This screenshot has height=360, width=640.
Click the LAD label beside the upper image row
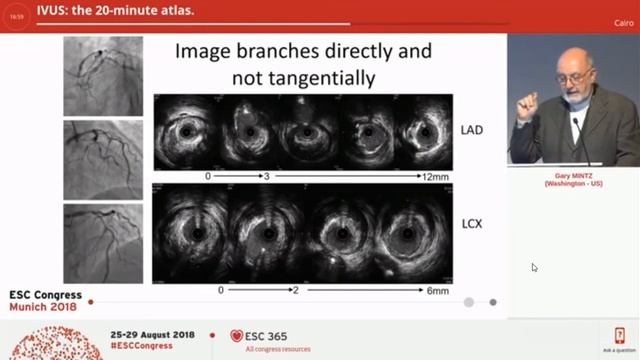[471, 130]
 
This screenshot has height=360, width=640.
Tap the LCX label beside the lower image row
[471, 223]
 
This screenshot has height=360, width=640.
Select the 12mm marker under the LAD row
[434, 176]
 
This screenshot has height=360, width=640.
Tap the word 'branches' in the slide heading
[279, 50]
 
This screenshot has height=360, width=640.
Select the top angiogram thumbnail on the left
[103, 76]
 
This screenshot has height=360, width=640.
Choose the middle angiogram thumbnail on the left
[103, 159]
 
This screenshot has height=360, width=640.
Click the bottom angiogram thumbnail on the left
[103, 243]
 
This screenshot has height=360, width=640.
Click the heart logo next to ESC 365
[236, 336]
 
